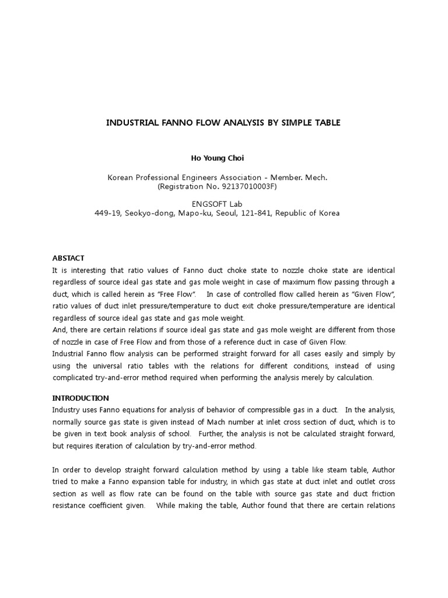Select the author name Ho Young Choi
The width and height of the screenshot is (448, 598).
tap(217, 158)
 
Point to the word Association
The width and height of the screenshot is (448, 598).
tap(226, 178)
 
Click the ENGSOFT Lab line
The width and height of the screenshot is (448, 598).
tap(217, 204)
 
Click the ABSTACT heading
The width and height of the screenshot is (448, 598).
tap(68, 258)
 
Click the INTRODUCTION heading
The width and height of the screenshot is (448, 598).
tap(80, 398)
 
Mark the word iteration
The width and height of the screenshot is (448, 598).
tap(122, 446)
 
